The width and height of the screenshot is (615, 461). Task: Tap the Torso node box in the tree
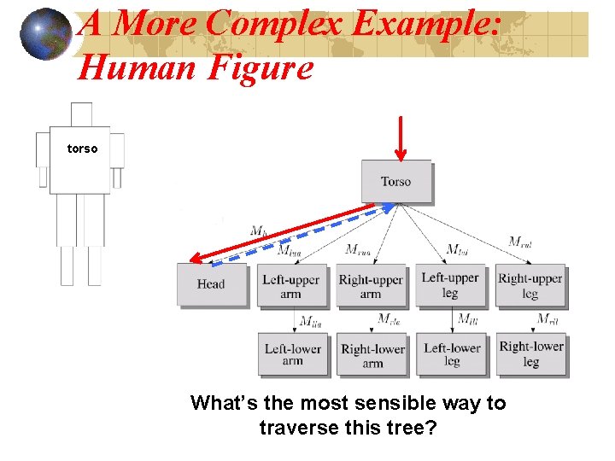click(x=395, y=181)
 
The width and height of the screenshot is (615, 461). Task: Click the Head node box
click(x=210, y=284)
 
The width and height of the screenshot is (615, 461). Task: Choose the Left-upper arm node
click(x=291, y=286)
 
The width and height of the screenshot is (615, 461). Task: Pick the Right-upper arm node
click(x=370, y=286)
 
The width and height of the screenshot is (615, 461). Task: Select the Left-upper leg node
click(x=450, y=285)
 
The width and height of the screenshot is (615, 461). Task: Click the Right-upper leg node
click(x=530, y=285)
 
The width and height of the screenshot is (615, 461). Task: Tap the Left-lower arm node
click(x=292, y=354)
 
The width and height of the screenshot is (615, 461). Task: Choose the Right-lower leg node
click(x=530, y=353)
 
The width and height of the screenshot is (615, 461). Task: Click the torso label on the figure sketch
click(x=83, y=149)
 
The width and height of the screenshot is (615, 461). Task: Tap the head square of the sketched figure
click(x=81, y=114)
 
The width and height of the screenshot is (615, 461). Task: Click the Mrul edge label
click(x=519, y=242)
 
